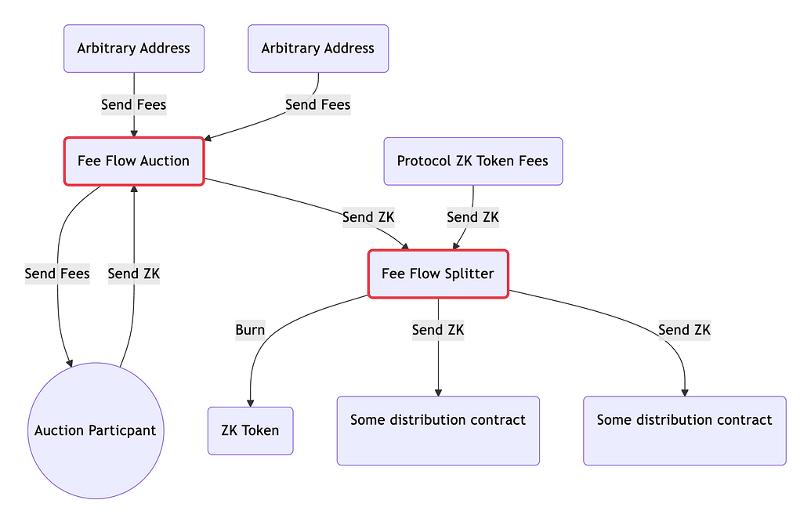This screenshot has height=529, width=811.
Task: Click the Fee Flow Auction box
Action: pos(134,161)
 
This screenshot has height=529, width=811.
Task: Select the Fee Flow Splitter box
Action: pos(438,274)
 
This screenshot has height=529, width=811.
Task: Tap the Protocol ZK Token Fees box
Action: pos(472,161)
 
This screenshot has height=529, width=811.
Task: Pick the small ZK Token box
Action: pos(250,430)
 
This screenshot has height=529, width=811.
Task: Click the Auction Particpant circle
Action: pos(96,430)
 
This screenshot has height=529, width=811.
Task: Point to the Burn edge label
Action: pos(250,330)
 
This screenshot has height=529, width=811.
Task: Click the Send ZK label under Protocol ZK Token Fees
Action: pos(472,217)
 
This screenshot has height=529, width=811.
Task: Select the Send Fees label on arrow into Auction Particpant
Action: pos(57,274)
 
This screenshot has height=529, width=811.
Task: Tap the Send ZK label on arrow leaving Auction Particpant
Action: pos(134,274)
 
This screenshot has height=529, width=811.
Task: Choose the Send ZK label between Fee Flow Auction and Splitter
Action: pos(368,217)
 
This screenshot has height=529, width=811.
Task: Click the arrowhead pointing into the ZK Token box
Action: pos(250,404)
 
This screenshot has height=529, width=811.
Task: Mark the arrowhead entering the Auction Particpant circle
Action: pos(69,364)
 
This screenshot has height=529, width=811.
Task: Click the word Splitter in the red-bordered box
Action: pos(470,274)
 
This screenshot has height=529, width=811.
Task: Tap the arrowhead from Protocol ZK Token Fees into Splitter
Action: pos(455,246)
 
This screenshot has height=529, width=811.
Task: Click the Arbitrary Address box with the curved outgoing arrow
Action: pos(318,49)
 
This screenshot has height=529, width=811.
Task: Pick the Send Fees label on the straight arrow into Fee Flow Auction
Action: pos(134,104)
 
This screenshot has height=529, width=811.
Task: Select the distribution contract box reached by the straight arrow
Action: pos(438,431)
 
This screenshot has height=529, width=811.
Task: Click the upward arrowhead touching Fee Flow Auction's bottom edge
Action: pos(134,189)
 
